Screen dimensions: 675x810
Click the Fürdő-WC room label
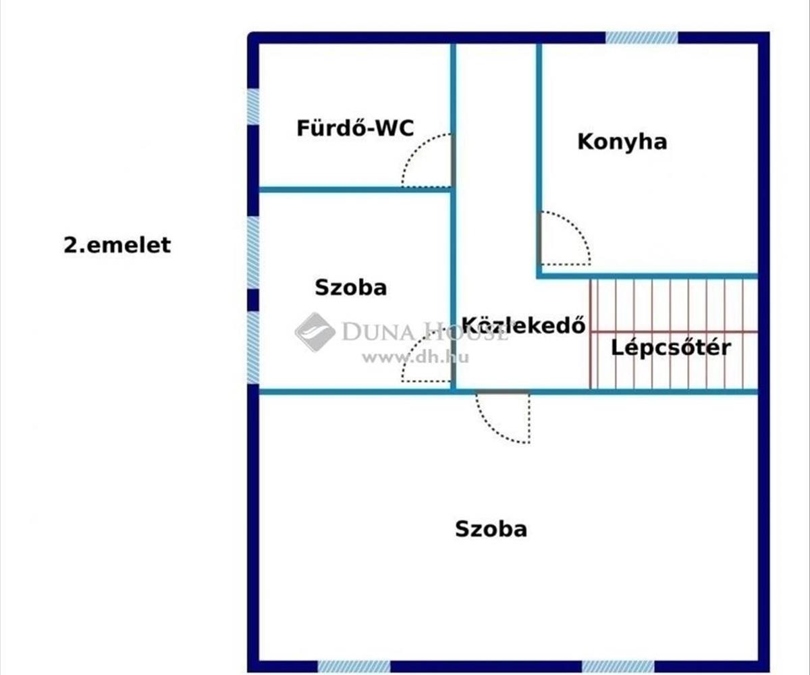[355, 128]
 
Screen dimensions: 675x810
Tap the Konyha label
[622, 142]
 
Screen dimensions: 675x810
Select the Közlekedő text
[523, 325]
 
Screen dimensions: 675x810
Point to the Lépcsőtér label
[671, 348]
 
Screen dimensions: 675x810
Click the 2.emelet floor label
[117, 245]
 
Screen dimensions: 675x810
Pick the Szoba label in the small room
[350, 288]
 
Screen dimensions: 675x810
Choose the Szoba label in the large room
[491, 529]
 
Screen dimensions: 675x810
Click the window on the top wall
[641, 38]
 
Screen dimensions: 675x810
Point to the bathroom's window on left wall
[253, 107]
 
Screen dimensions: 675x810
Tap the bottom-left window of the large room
[354, 666]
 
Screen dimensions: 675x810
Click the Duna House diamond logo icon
[315, 331]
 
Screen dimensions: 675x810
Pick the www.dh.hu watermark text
[414, 358]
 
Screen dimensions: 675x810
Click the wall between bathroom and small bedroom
[354, 190]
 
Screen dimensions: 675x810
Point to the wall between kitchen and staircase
[648, 275]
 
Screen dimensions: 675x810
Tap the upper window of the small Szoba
[253, 251]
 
